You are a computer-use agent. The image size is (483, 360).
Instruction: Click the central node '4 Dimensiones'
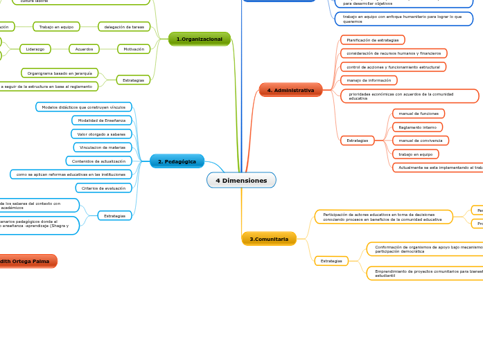tap(241, 181)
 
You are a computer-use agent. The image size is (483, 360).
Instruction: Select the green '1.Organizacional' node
tap(200, 39)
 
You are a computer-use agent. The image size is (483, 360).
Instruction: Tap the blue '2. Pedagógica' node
tap(177, 161)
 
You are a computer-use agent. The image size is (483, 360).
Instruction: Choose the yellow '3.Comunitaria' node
tap(269, 239)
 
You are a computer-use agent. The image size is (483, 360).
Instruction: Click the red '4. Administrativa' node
tap(290, 90)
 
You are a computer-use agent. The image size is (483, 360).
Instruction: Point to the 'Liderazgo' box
tap(35, 49)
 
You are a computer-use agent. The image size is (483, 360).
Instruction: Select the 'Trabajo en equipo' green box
tap(56, 27)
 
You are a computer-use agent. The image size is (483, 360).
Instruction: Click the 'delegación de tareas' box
tap(124, 27)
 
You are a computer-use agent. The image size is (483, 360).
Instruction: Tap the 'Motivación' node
tap(134, 49)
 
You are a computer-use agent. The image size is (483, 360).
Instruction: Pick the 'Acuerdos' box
tap(84, 49)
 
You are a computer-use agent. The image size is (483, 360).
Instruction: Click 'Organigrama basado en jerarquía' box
tap(60, 73)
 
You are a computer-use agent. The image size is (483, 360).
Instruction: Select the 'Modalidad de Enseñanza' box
tap(102, 120)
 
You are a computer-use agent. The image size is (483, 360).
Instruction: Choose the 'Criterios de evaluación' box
tap(103, 188)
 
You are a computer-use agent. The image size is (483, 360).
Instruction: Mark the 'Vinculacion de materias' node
tap(103, 147)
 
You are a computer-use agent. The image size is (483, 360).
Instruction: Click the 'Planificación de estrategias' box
tap(373, 40)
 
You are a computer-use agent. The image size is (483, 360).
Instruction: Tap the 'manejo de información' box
tap(369, 80)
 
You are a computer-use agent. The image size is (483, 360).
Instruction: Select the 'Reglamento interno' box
tap(417, 127)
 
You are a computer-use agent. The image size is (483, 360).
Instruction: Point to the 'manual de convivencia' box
tap(420, 141)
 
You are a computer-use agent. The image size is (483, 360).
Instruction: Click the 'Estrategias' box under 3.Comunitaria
tap(331, 261)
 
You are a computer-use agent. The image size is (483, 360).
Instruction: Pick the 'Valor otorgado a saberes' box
tap(101, 134)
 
